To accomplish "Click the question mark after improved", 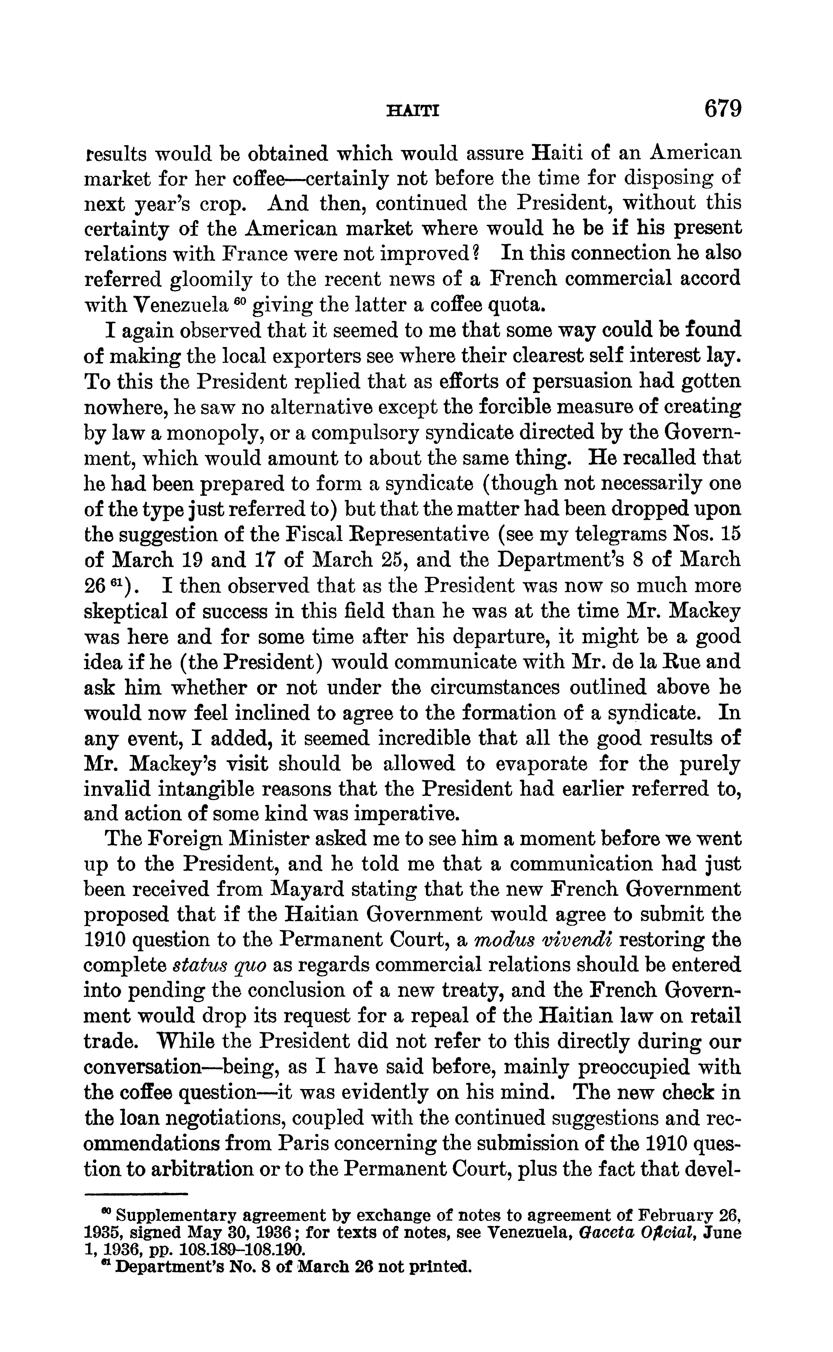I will [x=477, y=253].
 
